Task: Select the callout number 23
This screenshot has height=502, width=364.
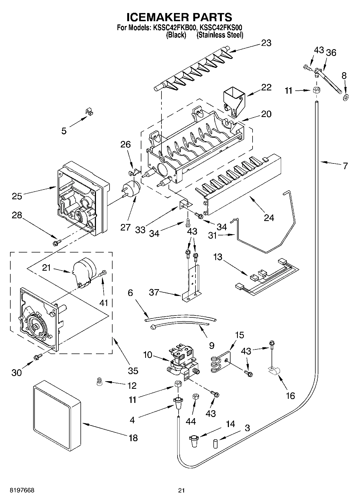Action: click(266, 43)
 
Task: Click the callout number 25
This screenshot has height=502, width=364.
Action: click(17, 196)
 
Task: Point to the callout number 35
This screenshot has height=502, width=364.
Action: click(133, 371)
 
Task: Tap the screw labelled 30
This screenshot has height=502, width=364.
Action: click(38, 357)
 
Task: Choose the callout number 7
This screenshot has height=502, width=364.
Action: click(345, 166)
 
